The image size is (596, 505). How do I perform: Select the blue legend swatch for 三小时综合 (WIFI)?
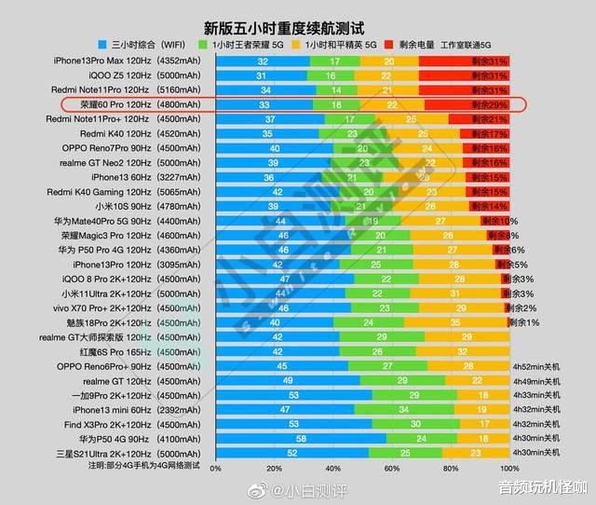click(103, 44)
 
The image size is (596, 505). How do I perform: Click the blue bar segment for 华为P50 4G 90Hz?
click(301, 438)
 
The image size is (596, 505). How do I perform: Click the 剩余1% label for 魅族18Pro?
click(523, 322)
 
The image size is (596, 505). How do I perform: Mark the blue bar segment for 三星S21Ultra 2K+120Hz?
click(292, 453)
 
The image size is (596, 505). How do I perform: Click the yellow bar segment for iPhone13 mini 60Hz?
click(482, 409)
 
